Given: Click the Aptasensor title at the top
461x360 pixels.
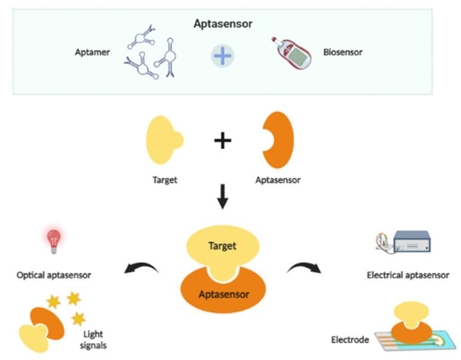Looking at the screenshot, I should (x=222, y=24).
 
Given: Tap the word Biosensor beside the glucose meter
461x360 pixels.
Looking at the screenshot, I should (x=342, y=52).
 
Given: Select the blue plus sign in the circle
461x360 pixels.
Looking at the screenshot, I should (x=222, y=56).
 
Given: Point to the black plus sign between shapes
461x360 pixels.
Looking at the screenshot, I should (x=222, y=141).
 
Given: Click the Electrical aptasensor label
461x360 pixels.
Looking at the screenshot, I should (x=408, y=275).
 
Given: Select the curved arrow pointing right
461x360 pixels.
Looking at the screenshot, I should (x=303, y=269).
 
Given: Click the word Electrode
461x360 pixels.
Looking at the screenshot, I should (x=350, y=340).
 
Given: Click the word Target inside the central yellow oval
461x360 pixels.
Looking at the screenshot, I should (x=222, y=245).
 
